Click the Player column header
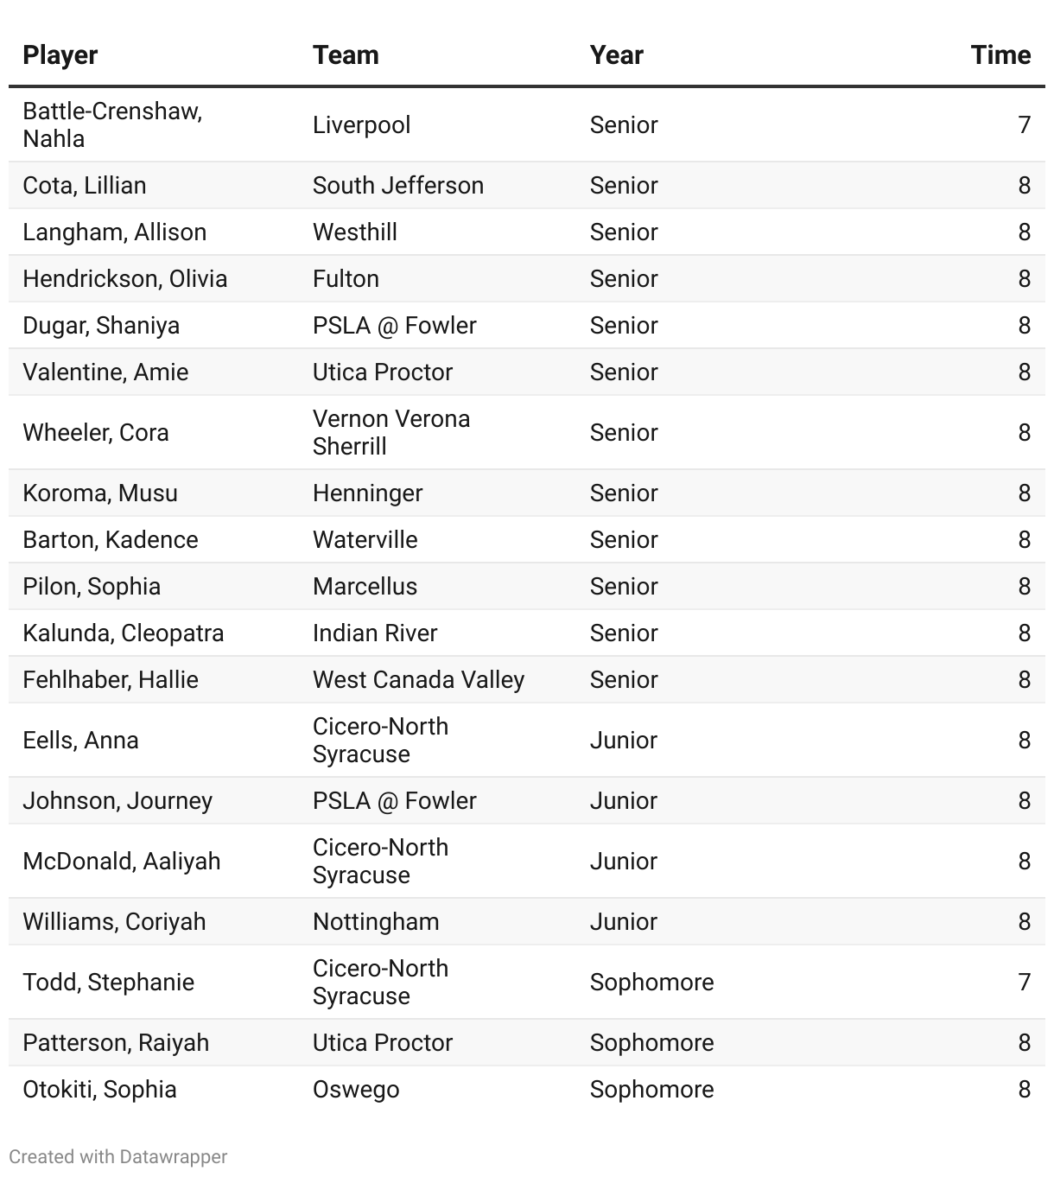[60, 55]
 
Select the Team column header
[346, 55]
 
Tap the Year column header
[616, 55]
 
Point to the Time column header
[1000, 55]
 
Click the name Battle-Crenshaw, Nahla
[112, 124]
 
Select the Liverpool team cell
[361, 124]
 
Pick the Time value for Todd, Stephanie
[1024, 982]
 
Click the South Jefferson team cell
[397, 185]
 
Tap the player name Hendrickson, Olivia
[124, 278]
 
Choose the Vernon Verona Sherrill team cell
[390, 432]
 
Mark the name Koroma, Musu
[100, 493]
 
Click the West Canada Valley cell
[418, 679]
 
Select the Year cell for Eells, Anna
[623, 740]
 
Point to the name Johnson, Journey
[117, 800]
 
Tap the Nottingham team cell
[376, 921]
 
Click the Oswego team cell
[356, 1089]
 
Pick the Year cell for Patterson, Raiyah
[651, 1042]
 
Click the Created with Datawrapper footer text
[118, 1156]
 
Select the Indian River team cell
[375, 633]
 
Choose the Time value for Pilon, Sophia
[1024, 586]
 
